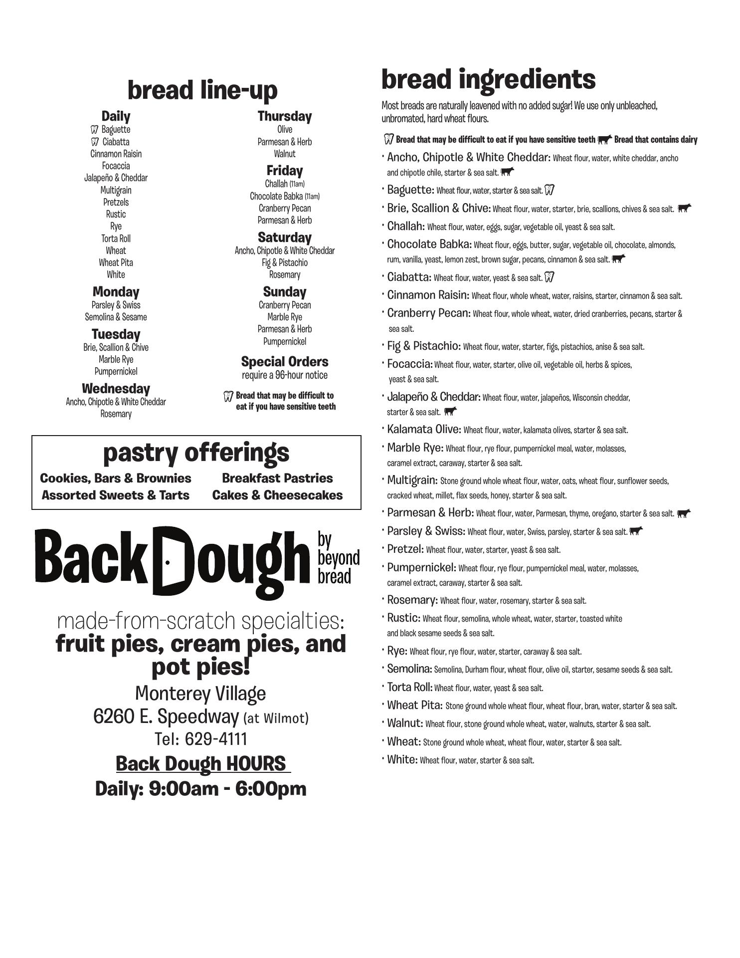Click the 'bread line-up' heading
pyautogui.click(x=202, y=90)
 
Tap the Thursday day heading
pyautogui.click(x=284, y=117)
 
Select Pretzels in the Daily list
pyautogui.click(x=116, y=202)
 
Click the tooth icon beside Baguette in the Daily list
pyautogui.click(x=95, y=130)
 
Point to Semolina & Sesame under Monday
pyautogui.click(x=116, y=317)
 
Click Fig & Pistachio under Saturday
pyautogui.click(x=284, y=262)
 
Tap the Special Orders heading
pyautogui.click(x=284, y=362)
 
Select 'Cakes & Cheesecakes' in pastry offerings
pyautogui.click(x=277, y=495)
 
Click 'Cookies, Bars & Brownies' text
pyautogui.click(x=116, y=478)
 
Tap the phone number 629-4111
pyautogui.click(x=215, y=739)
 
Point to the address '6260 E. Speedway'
pyautogui.click(x=166, y=717)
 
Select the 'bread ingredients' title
pyautogui.click(x=488, y=80)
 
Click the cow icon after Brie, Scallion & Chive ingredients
pyautogui.click(x=685, y=208)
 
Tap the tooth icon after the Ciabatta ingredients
pyautogui.click(x=550, y=277)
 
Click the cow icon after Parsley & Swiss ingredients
pyautogui.click(x=636, y=531)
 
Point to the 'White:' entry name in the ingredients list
pyautogui.click(x=402, y=759)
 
